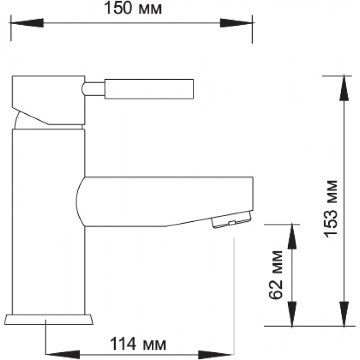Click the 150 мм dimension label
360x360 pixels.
[133, 8]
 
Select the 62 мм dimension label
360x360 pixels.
[276, 275]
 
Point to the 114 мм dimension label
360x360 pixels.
[138, 344]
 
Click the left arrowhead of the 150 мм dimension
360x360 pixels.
[26, 23]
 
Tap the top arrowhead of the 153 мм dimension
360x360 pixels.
[344, 88]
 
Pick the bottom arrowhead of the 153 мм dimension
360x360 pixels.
[344, 314]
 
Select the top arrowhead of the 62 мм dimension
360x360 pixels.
[292, 237]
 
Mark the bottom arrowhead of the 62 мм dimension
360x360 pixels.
[292, 314]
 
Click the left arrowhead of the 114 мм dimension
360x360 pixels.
[63, 354]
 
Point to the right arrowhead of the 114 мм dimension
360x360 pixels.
[216, 354]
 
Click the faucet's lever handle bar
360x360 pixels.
[149, 89]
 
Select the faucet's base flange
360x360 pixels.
[49, 319]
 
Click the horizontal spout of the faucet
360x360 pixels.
[165, 202]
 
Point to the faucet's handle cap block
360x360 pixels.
[49, 100]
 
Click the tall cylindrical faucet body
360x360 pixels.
[49, 222]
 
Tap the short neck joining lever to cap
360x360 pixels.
[93, 88]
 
